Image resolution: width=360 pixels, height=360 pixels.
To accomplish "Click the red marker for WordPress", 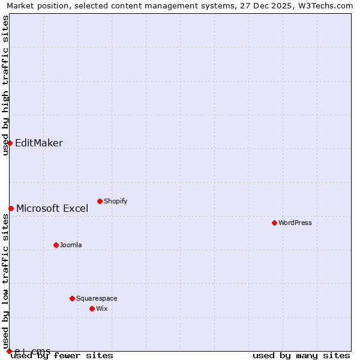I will tap(274, 223).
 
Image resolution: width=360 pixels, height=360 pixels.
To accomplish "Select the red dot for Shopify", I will tap(100, 201).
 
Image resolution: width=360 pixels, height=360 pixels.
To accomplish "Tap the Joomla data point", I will tap(56, 245).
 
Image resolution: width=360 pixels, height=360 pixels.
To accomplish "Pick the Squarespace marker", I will tap(72, 298).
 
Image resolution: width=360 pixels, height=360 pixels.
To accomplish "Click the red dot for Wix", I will tap(92, 308).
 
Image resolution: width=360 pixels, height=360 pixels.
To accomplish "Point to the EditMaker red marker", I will tap(10, 143).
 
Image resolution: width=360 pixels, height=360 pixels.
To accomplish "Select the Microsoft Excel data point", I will tap(11, 208).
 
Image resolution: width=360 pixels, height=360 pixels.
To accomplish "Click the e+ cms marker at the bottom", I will tap(9, 351).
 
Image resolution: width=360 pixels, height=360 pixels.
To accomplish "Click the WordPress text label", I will tap(295, 223).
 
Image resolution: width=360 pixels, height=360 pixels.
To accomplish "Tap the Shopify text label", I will tap(115, 201).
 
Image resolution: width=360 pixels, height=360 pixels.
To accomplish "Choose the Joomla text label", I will tap(71, 245).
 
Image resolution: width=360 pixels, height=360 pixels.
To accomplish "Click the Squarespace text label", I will tap(97, 298).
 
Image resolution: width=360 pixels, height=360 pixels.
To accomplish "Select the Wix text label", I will tap(101, 308).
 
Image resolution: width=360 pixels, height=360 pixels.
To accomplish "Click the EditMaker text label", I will tap(38, 143).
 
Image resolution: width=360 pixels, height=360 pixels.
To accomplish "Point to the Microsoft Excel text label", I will tap(52, 208).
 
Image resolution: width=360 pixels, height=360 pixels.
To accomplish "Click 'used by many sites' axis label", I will tap(301, 356).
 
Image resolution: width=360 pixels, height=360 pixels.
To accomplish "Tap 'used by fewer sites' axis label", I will tap(62, 356).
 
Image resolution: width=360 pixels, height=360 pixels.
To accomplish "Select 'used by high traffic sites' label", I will tap(5, 85).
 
